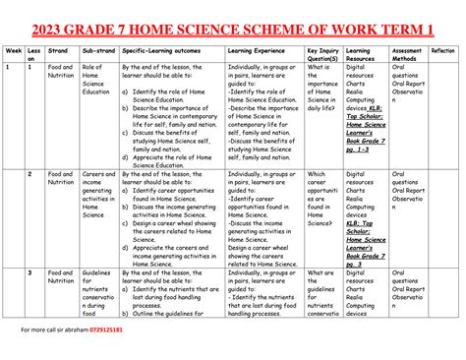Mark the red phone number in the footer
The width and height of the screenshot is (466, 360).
[x=102, y=330]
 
